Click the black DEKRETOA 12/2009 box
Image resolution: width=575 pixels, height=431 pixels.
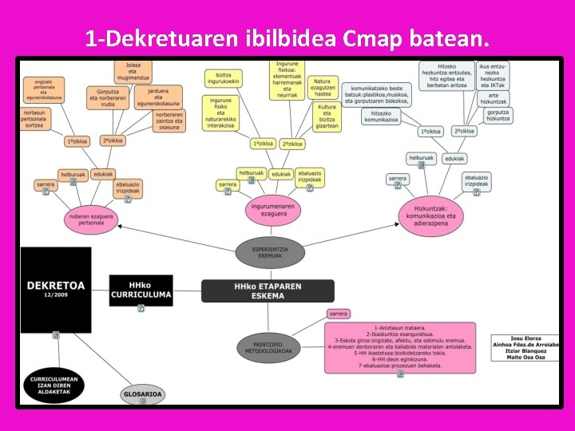pos(56,289)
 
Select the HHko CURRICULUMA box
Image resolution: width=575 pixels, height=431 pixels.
pos(140,289)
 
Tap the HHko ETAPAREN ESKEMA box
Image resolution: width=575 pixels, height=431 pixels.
pos(256,291)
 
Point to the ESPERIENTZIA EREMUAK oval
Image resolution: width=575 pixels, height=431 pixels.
pos(270,252)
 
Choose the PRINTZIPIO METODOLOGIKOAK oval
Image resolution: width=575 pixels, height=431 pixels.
pos(270,346)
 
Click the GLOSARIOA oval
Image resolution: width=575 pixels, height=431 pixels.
pos(143,393)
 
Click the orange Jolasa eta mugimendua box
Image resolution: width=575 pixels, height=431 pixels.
pos(133,72)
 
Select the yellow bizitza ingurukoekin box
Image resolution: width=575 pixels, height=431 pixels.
pos(223,77)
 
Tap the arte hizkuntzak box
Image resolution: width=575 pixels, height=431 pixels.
pos(494,98)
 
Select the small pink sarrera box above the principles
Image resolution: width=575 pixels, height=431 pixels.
pos(338,314)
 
